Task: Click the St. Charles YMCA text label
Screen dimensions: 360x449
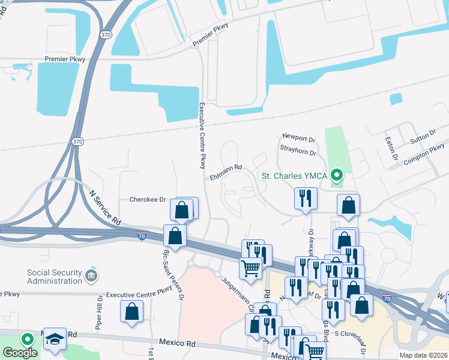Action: [294, 176]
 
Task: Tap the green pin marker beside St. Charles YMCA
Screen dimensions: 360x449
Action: [337, 176]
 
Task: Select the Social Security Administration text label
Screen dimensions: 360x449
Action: [54, 276]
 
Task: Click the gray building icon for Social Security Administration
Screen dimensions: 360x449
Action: [91, 276]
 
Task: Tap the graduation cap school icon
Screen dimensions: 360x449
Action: [55, 338]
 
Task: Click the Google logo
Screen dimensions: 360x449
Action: [20, 353]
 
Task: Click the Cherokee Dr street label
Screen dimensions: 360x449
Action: [148, 199]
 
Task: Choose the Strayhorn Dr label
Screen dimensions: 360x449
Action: [298, 152]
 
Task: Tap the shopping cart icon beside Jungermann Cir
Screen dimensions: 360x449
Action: [250, 268]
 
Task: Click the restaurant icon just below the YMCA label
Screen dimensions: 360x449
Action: [306, 198]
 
